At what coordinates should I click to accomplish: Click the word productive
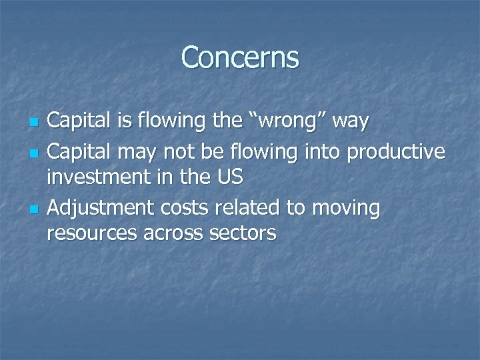(x=393, y=152)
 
